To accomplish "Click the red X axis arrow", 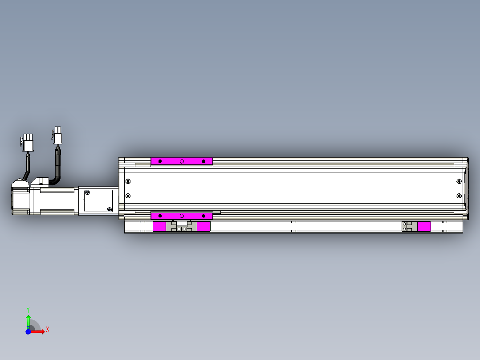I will tap(39, 331).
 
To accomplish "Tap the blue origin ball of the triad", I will tap(28, 331).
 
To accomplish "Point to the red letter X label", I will tap(47, 329).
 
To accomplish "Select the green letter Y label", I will tap(28, 309).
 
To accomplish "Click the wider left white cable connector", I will tap(28, 143).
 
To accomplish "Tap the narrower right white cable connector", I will tap(57, 135).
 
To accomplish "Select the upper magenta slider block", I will tap(182, 161).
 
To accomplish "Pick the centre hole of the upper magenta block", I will tap(182, 161).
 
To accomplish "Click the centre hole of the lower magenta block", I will tap(182, 216).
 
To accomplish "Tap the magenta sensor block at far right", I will tap(424, 226).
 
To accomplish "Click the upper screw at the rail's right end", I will tap(459, 181).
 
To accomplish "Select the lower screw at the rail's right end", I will tap(459, 196).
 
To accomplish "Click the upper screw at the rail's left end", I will tap(128, 181).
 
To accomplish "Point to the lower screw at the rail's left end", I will tap(128, 196).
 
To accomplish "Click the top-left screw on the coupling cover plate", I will tap(88, 192).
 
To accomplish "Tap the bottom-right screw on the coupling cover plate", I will tap(110, 209).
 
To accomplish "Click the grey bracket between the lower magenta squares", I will tap(181, 227).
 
